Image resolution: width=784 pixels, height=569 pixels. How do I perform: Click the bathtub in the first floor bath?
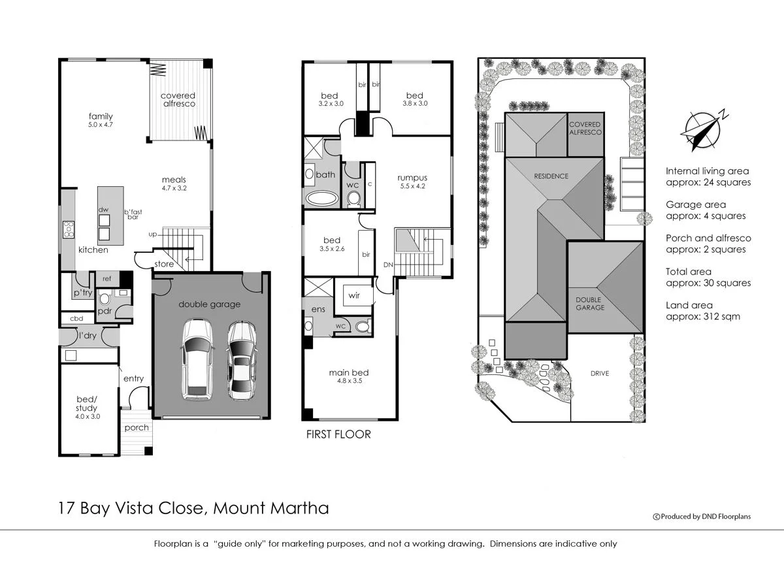tap(321, 199)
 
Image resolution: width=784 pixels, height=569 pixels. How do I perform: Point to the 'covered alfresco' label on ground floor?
tap(178, 100)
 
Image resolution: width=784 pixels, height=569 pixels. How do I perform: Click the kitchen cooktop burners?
tap(68, 229)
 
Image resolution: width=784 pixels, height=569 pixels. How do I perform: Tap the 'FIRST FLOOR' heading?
tap(338, 434)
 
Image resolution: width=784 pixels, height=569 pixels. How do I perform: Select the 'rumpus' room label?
tap(413, 178)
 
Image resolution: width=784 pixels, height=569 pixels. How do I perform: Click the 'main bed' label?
tap(348, 373)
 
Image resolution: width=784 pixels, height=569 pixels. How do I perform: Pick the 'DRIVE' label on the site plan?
tap(600, 374)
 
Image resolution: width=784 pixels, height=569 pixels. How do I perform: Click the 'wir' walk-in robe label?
tap(354, 295)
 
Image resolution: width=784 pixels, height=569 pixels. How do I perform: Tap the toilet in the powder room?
tap(105, 299)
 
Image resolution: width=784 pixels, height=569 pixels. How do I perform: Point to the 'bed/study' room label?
tap(87, 404)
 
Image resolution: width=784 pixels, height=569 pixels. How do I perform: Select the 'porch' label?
tap(136, 428)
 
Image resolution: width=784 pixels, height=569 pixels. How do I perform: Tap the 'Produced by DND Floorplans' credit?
tap(702, 516)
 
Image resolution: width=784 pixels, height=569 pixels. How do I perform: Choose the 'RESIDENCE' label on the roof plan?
tap(551, 176)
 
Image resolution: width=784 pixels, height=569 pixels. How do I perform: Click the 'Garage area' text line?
tap(695, 204)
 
